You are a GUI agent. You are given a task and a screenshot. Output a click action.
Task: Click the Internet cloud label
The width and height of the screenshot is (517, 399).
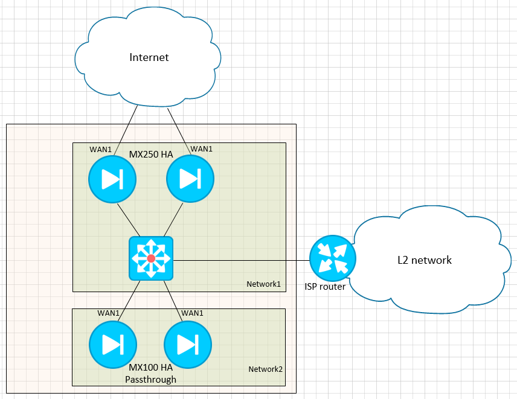click(x=149, y=58)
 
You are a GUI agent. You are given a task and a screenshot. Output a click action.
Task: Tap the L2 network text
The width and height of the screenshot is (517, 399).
click(x=424, y=260)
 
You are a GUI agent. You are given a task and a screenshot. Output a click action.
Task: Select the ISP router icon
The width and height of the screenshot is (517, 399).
click(x=332, y=259)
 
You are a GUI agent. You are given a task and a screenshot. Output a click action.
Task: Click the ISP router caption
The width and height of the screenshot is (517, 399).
click(x=325, y=287)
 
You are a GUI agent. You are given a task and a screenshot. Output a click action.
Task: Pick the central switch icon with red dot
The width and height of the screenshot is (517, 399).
click(x=151, y=258)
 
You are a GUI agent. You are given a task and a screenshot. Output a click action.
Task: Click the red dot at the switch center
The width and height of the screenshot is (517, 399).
click(x=151, y=258)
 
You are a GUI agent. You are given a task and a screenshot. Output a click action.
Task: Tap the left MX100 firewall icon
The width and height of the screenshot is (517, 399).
click(x=112, y=345)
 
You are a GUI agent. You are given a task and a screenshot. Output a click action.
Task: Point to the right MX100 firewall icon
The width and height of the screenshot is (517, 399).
click(x=187, y=345)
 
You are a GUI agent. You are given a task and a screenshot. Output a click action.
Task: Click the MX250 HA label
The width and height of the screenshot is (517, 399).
click(x=151, y=155)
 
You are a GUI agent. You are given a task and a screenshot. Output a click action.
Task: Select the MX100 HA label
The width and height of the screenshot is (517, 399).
click(x=151, y=368)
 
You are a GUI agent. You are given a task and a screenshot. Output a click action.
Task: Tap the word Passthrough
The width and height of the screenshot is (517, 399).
click(x=150, y=379)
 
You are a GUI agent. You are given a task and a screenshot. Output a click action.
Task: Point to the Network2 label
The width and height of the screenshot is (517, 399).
click(x=265, y=369)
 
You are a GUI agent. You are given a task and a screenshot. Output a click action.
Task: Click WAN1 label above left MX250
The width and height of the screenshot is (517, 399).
click(x=100, y=149)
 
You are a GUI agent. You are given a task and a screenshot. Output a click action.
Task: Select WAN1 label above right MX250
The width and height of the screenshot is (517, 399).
click(x=201, y=149)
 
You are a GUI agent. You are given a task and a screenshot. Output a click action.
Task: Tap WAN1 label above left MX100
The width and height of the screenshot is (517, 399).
click(x=109, y=313)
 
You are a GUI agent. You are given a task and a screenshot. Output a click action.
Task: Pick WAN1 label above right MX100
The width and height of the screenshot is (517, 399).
click(x=192, y=313)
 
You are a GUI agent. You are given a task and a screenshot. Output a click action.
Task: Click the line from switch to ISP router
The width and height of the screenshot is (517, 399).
click(x=242, y=260)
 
